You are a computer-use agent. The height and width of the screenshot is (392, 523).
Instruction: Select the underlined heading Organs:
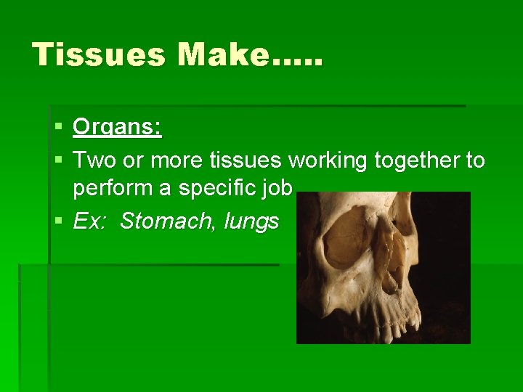click(x=118, y=128)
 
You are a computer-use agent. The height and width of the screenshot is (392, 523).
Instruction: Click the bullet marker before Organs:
click(x=58, y=128)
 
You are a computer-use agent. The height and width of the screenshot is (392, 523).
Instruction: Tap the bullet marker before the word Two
click(x=58, y=160)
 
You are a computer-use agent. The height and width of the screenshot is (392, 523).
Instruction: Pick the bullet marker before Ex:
click(x=58, y=221)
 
